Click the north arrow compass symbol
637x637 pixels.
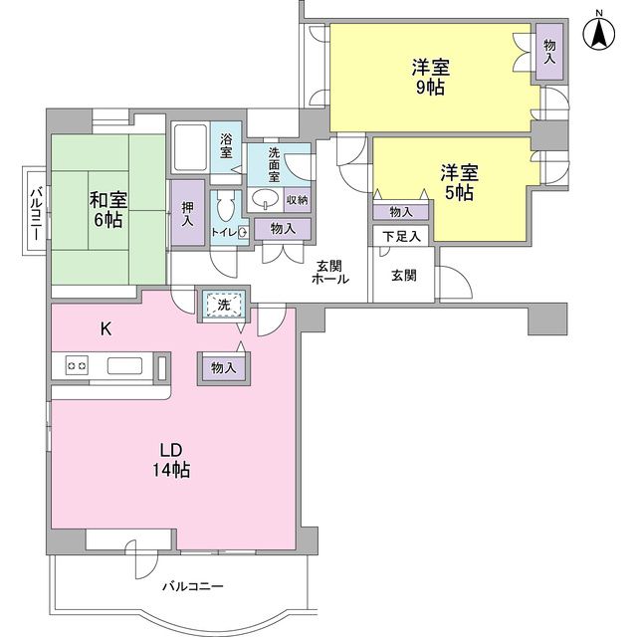(599, 32)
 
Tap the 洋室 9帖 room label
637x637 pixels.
(431, 78)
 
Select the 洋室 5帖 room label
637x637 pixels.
(460, 182)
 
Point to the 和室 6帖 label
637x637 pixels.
(108, 210)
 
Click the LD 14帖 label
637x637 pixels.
(171, 460)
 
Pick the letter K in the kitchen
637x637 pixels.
(106, 329)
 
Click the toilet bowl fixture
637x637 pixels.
(226, 206)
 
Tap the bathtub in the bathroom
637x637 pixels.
(190, 147)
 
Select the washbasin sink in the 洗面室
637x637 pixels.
(266, 199)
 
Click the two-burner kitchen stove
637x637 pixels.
(77, 365)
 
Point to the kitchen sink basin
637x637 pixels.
(124, 365)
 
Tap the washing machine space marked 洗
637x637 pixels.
(224, 304)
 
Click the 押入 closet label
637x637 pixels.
(188, 214)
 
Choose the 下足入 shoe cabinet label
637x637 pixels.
(401, 237)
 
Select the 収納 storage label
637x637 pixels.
(298, 200)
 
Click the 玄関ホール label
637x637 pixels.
(329, 273)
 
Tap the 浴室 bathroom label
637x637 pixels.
(226, 146)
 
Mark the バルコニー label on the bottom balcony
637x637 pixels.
(193, 586)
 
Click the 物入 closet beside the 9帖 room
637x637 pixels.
(549, 51)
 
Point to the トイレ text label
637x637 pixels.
(223, 232)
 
